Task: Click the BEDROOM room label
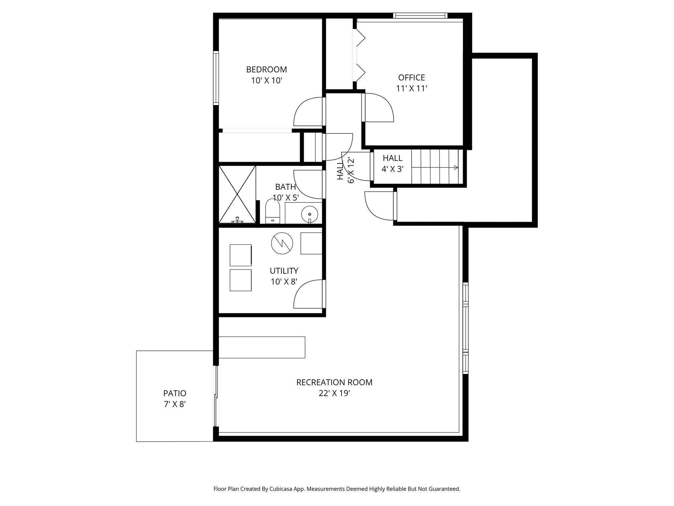(267, 70)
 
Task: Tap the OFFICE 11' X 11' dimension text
(411, 88)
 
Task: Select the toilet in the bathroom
(272, 212)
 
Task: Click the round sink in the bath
(309, 213)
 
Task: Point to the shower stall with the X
(237, 194)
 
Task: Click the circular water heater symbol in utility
(282, 243)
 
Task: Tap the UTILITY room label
(284, 271)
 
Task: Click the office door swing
(378, 107)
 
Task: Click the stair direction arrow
(455, 168)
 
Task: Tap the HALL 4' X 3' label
(392, 163)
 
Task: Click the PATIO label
(174, 393)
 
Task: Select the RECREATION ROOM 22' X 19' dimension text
(334, 393)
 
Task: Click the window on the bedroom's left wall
(216, 78)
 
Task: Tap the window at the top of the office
(420, 15)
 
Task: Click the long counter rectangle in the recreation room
(262, 347)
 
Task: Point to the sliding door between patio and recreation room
(216, 397)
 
